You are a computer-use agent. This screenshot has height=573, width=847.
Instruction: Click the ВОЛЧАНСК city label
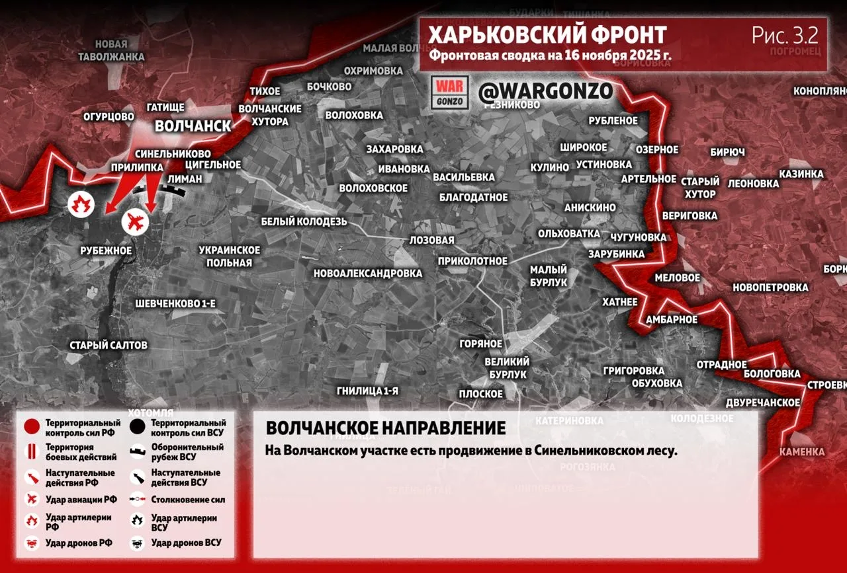point(193,126)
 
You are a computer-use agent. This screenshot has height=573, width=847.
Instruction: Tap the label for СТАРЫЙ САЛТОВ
point(109,345)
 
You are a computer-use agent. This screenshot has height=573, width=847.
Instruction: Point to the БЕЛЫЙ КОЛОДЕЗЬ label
point(304,221)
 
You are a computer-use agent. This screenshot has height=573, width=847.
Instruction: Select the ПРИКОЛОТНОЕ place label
point(472,261)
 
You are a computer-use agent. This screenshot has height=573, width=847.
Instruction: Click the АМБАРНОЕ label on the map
point(672,320)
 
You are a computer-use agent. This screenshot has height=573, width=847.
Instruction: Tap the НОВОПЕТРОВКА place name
point(770,287)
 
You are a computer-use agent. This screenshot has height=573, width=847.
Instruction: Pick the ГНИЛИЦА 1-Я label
point(367,391)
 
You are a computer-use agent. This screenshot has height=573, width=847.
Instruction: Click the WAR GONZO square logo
point(450,93)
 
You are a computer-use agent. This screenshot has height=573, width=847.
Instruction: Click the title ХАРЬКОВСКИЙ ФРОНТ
point(547,35)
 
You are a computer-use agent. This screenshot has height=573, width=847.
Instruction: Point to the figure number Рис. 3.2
point(785,35)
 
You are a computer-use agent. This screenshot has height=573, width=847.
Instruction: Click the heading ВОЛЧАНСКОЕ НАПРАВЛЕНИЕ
point(386,428)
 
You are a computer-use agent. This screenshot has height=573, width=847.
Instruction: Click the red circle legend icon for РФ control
point(32,427)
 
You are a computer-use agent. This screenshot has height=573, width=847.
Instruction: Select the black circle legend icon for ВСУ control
point(138,427)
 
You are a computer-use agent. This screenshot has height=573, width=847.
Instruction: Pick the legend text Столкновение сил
point(188,500)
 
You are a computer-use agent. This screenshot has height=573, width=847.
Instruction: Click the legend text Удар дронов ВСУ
point(186,543)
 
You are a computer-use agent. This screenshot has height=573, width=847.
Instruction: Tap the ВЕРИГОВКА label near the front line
point(689,215)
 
